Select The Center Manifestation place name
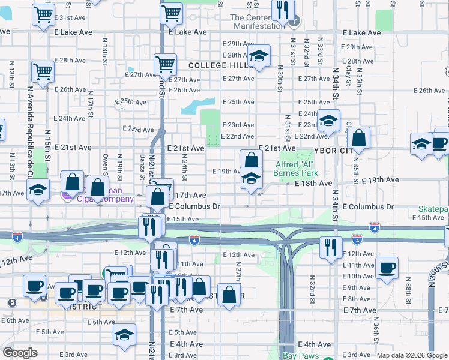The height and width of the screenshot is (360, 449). click(258, 22)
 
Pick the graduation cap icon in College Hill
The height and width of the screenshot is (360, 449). click(259, 57)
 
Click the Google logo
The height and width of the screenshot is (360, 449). click(20, 353)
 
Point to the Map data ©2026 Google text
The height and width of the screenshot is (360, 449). click(411, 355)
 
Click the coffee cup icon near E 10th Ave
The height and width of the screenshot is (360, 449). click(387, 267)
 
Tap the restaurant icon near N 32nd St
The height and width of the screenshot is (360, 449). click(331, 247)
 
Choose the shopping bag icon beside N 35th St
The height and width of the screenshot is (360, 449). click(358, 139)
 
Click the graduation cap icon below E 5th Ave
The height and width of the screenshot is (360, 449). click(124, 335)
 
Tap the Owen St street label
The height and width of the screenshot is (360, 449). click(104, 162)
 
